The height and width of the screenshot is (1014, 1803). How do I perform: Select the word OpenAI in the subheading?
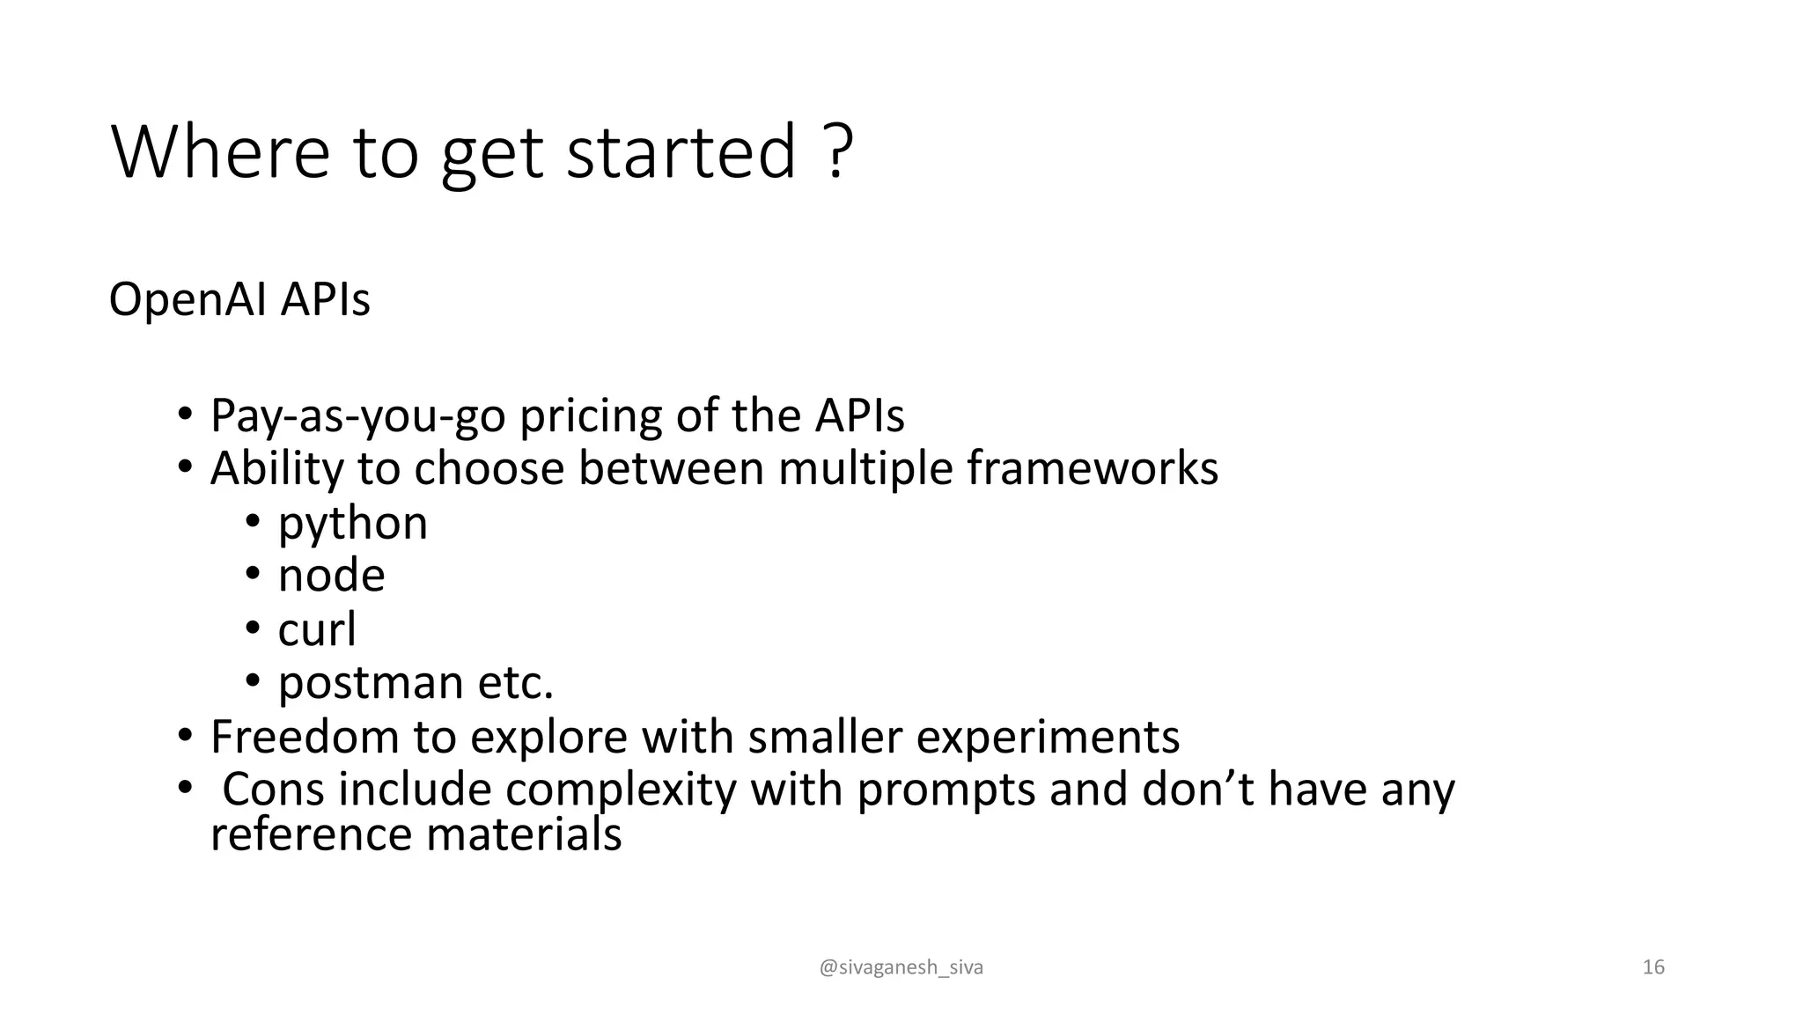[187, 299]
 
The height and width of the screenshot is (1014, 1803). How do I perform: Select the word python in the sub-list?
[352, 524]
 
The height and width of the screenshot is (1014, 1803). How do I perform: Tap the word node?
[331, 576]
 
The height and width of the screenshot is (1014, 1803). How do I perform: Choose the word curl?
[317, 629]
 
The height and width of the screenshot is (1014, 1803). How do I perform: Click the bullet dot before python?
[253, 522]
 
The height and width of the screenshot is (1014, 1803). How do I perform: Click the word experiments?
[1048, 738]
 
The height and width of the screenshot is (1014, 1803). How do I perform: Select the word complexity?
[620, 790]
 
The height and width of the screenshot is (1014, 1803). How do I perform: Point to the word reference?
[311, 834]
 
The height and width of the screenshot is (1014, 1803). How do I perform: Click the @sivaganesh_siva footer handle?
[901, 967]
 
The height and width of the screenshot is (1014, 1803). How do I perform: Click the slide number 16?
[1653, 967]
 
